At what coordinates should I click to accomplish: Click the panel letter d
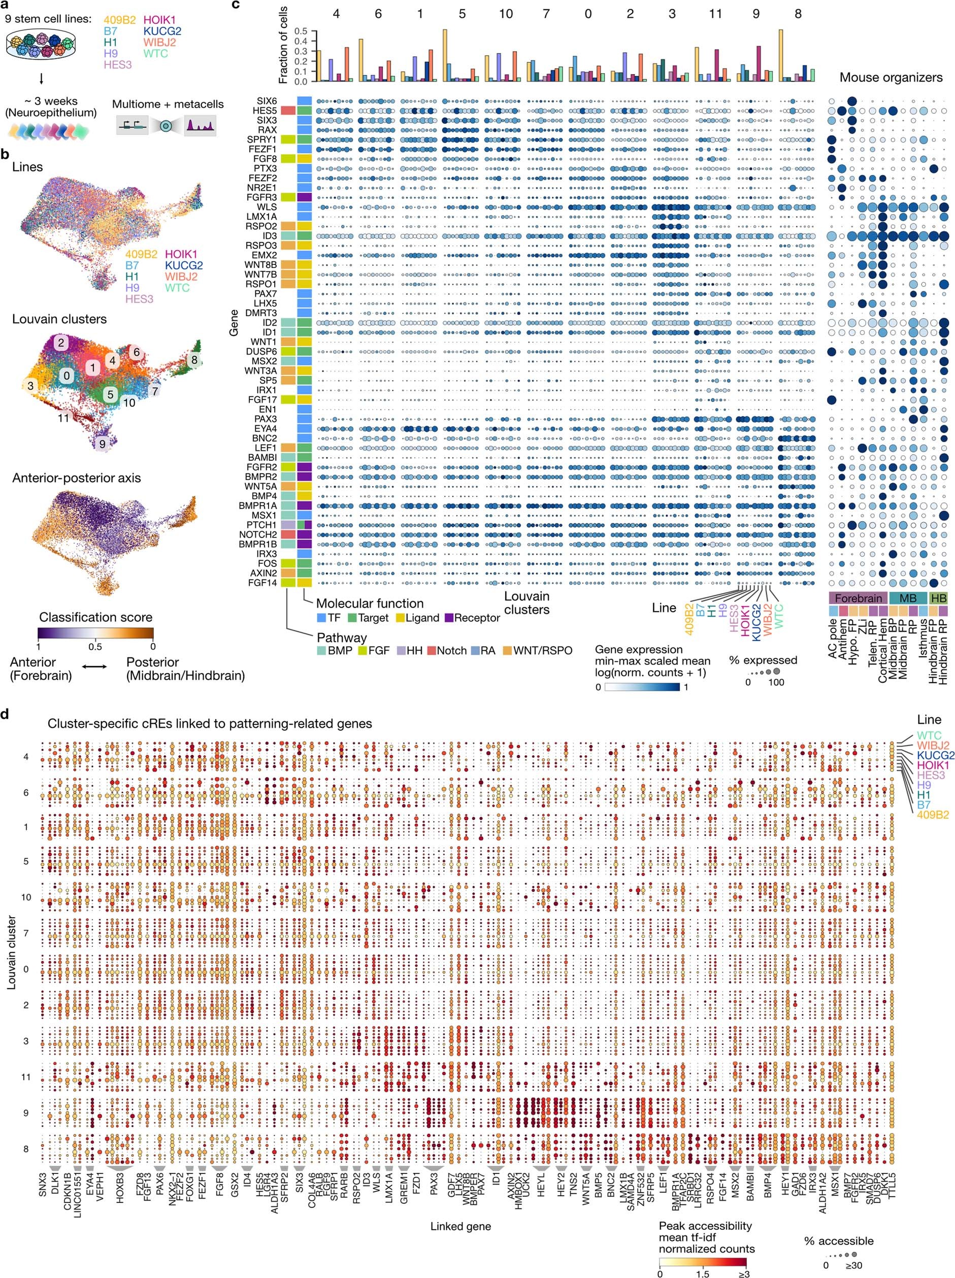5,714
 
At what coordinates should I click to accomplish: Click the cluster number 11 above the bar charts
715,13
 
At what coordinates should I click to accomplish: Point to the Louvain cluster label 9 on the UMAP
103,444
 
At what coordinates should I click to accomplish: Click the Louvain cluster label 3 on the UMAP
30,385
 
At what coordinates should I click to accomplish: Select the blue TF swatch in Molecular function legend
321,618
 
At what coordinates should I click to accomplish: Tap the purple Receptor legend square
449,618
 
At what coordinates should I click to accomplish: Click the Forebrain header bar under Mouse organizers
859,598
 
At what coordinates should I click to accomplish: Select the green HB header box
938,598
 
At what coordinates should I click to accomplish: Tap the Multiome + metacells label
168,104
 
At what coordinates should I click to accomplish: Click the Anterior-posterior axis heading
76,478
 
